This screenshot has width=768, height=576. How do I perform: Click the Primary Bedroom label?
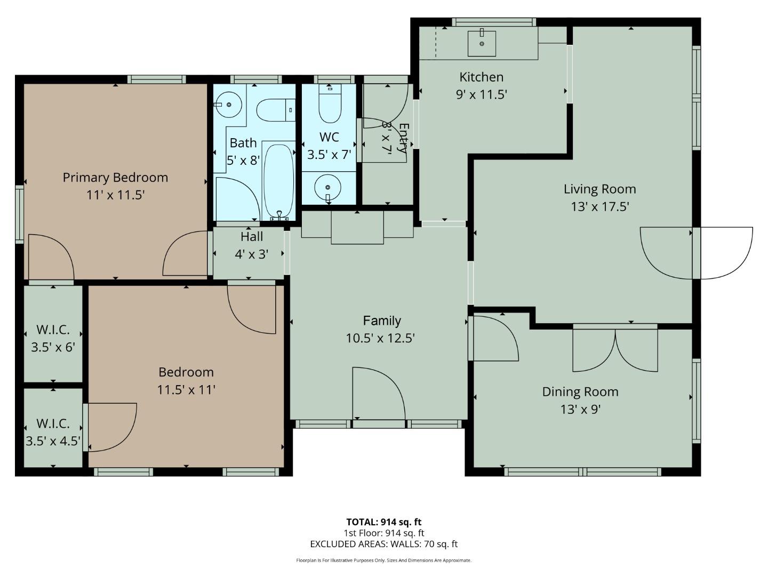point(115,178)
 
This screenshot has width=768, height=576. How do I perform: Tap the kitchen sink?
point(482,43)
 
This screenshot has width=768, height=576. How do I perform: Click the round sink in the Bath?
point(229,105)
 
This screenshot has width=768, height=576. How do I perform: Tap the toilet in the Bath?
point(275,110)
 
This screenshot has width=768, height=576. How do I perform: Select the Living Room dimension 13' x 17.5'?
point(600,206)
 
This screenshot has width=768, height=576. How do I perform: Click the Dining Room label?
point(580,391)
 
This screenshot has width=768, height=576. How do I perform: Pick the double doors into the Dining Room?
point(615,350)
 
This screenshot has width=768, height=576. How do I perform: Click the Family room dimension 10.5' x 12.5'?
point(380,338)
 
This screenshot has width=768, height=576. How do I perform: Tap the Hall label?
point(251,236)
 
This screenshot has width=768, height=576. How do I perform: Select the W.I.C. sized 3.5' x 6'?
point(53,339)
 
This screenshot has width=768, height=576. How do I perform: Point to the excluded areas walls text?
point(383,544)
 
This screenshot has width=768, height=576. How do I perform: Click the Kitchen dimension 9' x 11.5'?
point(481,94)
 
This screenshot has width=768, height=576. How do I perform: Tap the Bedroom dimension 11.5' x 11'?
point(186,389)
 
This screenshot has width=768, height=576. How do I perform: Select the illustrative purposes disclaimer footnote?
point(383,561)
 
